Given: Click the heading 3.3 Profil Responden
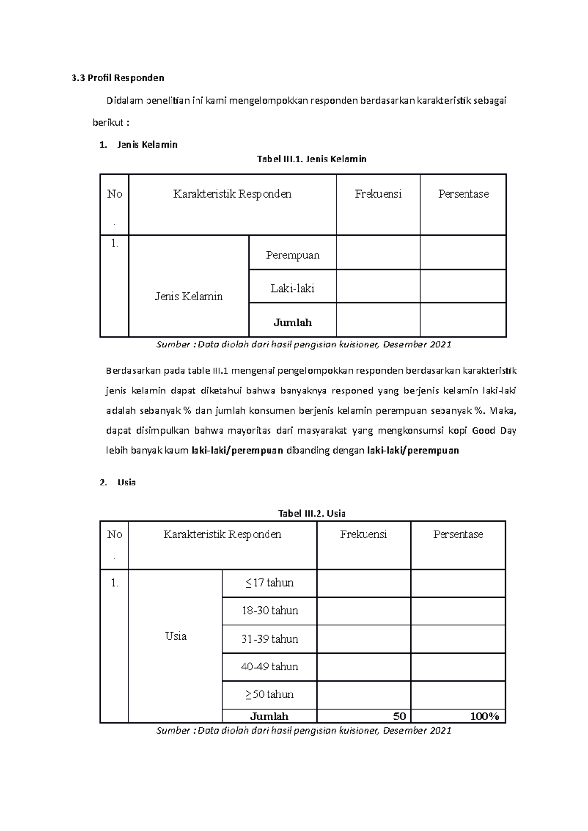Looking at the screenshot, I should [117, 78].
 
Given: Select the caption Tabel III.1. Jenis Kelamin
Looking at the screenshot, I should [312, 159].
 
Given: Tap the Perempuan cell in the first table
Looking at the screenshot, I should [293, 255].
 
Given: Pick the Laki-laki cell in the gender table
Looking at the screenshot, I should [293, 288].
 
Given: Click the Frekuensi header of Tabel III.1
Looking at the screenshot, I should [378, 194].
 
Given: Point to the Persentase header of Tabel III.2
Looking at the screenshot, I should [458, 534].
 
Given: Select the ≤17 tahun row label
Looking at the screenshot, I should [269, 583].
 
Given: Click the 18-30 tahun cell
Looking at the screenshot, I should [269, 611].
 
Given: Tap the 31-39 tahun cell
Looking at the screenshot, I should [269, 639].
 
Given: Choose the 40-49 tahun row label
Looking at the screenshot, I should [269, 667].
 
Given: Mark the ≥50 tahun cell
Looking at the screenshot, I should [269, 694].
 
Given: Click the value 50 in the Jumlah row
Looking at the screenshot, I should [399, 716].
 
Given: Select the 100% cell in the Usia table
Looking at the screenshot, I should [485, 716].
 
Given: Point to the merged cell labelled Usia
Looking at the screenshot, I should [175, 636].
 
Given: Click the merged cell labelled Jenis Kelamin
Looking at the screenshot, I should [189, 296].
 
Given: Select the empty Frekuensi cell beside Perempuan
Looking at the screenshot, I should [378, 253].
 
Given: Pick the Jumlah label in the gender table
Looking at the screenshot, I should [293, 323].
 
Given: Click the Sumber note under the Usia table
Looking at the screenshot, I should [303, 731].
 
